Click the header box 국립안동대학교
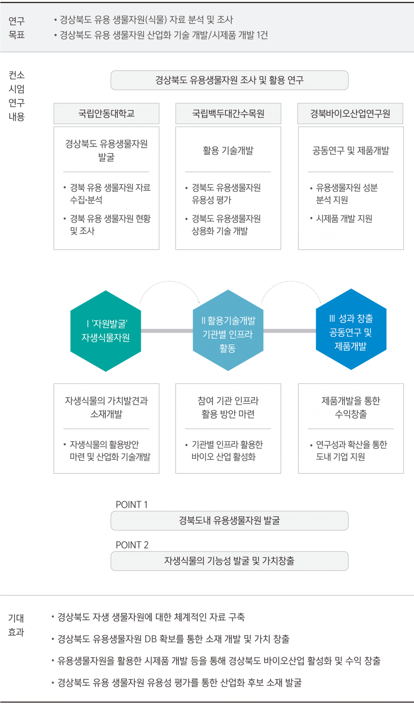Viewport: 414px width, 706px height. [x=106, y=114]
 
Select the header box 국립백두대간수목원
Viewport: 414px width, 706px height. [x=228, y=114]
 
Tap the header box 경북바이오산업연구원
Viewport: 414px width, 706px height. [x=350, y=114]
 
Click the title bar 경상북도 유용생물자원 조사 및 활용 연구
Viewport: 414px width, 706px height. [x=229, y=80]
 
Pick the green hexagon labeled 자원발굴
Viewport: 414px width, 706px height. [x=105, y=331]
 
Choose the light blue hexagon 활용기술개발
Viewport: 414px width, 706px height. [x=228, y=331]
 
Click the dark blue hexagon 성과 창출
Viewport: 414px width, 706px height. [x=351, y=330]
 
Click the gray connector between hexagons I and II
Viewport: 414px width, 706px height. [x=167, y=331]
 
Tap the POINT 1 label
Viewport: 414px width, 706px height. [x=132, y=504]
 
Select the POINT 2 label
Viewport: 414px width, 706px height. [x=132, y=545]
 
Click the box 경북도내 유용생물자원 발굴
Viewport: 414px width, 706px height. [x=229, y=521]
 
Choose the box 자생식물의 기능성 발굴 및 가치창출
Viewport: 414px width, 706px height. [x=229, y=561]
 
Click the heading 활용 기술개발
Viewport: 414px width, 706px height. [x=228, y=150]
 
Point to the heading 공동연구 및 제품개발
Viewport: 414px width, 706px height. [x=351, y=150]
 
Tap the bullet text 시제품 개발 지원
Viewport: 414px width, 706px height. [x=344, y=219]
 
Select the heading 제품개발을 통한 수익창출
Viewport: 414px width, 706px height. [x=351, y=407]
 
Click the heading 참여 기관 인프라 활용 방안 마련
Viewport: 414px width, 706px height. [x=228, y=407]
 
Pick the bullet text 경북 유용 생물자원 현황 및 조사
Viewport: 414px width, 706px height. [x=109, y=225]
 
